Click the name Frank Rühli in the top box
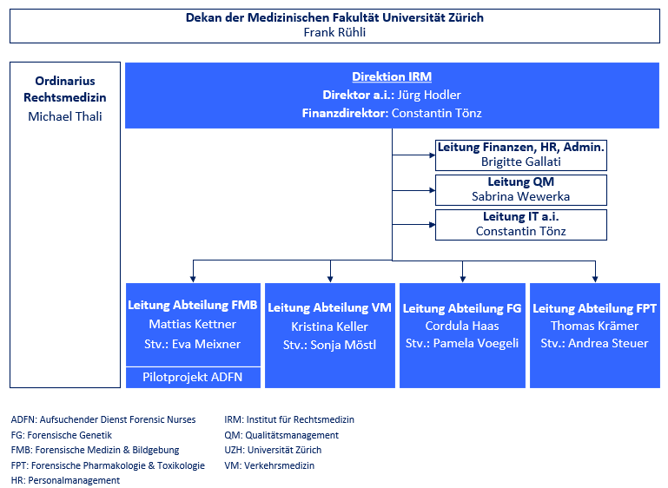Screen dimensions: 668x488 334,32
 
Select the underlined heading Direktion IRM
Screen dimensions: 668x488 392,76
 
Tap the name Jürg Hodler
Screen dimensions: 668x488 429,95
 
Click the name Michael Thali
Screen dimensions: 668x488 65,116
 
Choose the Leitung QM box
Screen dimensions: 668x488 520,190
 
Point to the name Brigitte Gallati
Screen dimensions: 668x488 520,162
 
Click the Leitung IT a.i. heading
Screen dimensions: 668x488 520,217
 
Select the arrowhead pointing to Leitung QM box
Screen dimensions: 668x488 432,190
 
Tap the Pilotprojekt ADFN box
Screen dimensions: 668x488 193,377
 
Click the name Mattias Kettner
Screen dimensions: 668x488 193,324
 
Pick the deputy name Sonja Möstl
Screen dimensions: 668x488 343,345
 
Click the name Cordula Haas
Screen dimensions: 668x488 462,326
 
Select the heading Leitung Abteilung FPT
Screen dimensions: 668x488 595,308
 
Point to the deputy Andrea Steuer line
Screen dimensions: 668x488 595,343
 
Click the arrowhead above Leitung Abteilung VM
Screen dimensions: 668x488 330,279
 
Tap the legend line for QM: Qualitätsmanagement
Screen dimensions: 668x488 281,435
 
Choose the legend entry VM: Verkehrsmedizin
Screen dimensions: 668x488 269,465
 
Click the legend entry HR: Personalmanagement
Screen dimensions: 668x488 65,480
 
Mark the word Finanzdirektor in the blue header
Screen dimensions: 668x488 345,113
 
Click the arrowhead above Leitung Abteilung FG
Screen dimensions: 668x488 463,279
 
